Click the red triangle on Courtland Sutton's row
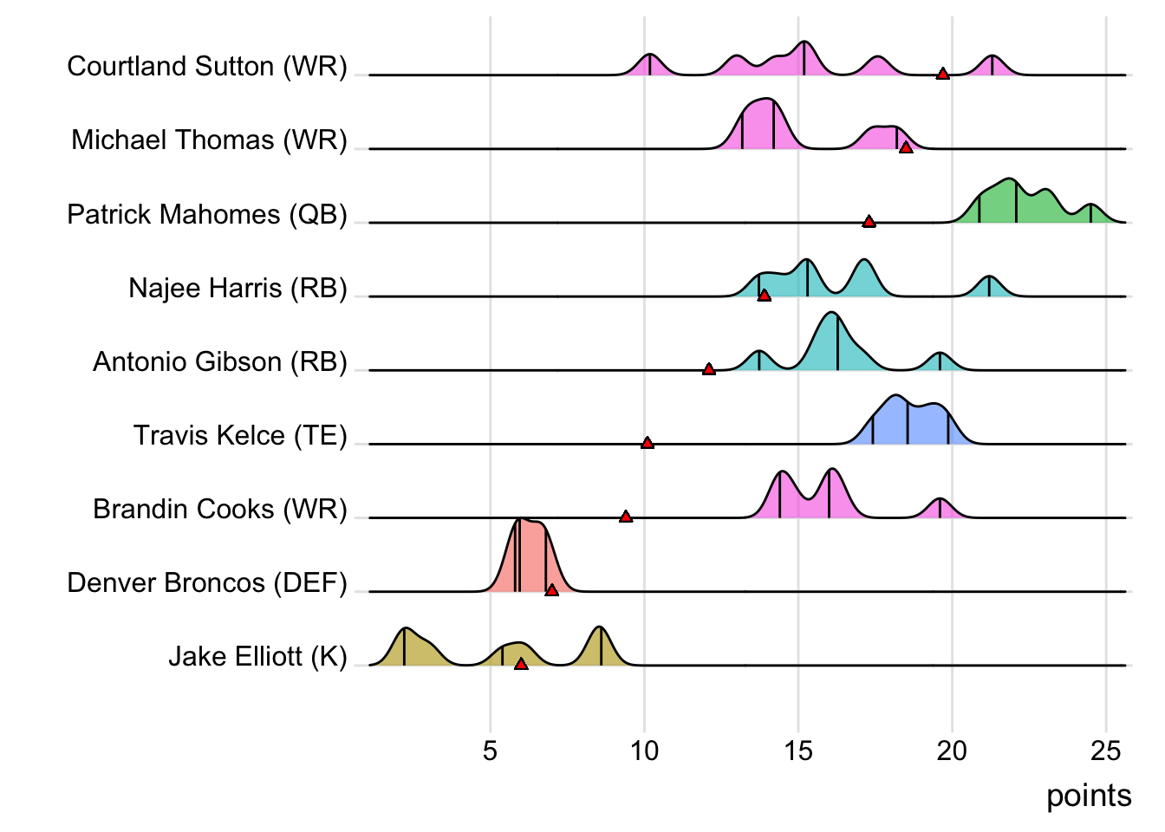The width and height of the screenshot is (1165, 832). [943, 74]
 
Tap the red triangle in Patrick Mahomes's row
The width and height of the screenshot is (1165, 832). [869, 222]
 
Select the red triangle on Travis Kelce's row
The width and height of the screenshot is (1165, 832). [647, 443]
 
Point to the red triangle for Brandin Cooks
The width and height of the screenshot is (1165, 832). [626, 517]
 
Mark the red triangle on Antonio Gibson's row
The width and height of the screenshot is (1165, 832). [709, 369]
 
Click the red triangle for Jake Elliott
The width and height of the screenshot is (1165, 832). [521, 664]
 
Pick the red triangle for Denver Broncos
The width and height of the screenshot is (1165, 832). [552, 590]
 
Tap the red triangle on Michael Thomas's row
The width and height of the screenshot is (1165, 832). [906, 148]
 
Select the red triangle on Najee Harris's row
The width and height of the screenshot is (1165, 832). [764, 296]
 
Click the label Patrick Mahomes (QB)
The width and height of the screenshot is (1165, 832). [207, 214]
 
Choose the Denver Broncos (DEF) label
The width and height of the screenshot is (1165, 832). [207, 582]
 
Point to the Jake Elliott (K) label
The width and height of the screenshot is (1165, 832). [257, 656]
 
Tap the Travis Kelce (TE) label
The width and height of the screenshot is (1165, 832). [240, 435]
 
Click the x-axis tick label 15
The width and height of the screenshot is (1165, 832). [798, 751]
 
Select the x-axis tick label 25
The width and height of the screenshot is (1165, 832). [1106, 751]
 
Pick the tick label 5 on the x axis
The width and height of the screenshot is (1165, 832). [491, 751]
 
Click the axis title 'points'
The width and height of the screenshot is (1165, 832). [1089, 796]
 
